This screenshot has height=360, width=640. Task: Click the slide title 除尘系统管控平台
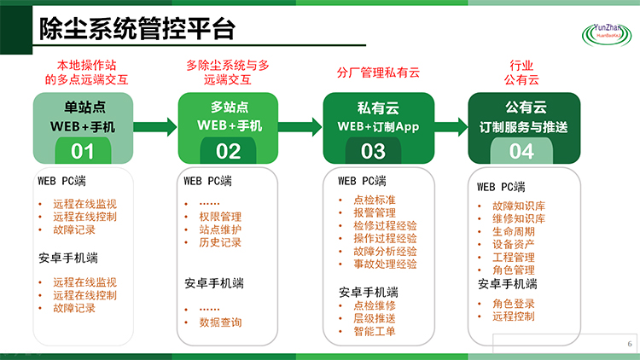(137, 31)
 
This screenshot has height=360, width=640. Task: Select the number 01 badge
(83, 152)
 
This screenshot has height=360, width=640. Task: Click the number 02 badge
(229, 152)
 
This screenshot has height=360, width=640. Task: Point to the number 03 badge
(374, 152)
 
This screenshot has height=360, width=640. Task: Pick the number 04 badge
(521, 152)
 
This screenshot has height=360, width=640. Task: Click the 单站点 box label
(83, 107)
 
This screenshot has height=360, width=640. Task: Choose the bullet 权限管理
(220, 217)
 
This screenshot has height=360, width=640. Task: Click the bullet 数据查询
(220, 322)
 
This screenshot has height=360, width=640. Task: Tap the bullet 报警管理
(374, 212)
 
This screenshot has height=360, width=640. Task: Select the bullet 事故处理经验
(384, 264)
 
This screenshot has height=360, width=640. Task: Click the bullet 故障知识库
(519, 206)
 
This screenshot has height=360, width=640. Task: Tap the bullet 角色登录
(514, 304)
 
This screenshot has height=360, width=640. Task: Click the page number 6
(629, 344)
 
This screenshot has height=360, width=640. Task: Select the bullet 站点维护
(220, 229)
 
